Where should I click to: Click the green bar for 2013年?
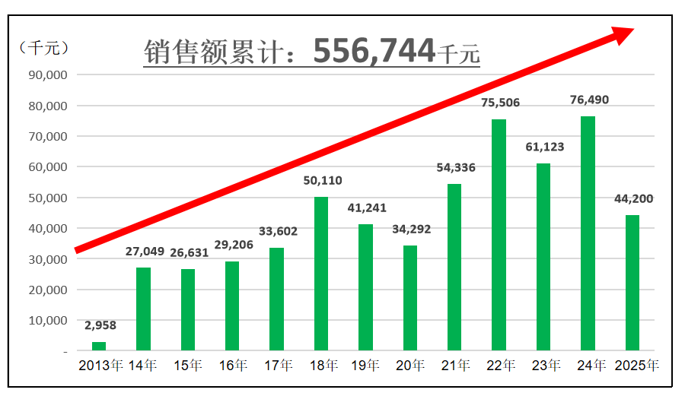(99, 347)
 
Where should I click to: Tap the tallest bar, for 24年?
(588, 233)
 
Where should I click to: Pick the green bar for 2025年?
(632, 283)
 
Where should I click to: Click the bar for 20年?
(410, 298)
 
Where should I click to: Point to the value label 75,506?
(500, 103)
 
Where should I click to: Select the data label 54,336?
(455, 167)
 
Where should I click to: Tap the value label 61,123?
(545, 147)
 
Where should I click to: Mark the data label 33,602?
(277, 231)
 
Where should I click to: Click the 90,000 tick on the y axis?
(47, 75)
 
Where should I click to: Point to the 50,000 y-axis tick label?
(47, 198)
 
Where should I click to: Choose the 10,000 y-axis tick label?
(47, 320)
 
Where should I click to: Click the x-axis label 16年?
(232, 366)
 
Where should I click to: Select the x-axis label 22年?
(499, 366)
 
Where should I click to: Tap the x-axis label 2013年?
(100, 366)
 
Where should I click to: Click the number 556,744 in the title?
(374, 50)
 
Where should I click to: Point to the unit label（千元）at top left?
(43, 47)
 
